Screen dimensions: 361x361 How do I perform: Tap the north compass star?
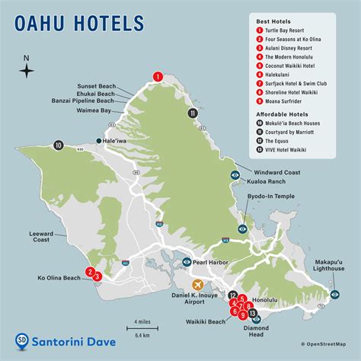coord(27,72)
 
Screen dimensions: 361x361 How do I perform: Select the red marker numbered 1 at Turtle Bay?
coord(158,75)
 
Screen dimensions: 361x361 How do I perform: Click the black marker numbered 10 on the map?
coord(58,145)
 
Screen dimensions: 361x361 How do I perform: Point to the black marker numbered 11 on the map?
coord(193,113)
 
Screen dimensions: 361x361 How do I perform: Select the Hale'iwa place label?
coord(120,140)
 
